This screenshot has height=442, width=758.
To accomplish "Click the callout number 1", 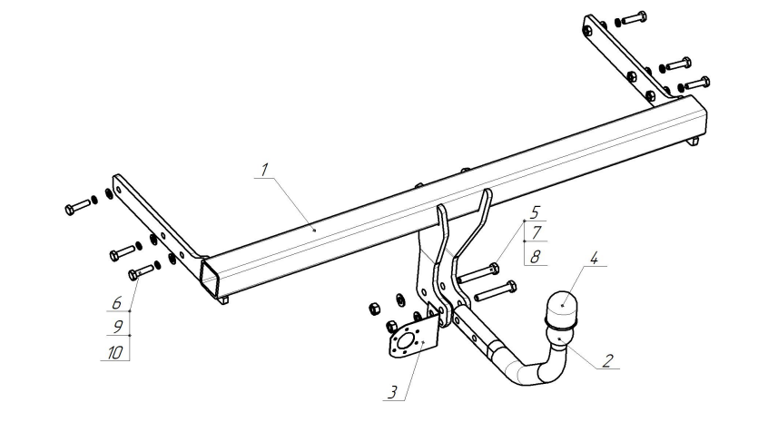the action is (264, 170).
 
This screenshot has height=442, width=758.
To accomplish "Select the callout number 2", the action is (607, 360).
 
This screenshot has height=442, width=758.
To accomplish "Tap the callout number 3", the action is (392, 392).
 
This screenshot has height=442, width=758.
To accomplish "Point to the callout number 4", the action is (593, 258).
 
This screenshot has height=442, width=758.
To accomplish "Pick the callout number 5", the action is (535, 212).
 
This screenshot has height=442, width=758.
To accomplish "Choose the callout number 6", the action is (116, 303).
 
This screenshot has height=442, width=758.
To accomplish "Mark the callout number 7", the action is (536, 233).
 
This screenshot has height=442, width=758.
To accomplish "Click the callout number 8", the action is (535, 257).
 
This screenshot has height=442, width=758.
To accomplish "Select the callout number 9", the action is (117, 327).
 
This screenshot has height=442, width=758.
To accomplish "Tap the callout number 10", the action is (115, 353).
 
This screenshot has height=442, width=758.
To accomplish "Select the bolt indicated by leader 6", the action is (140, 272).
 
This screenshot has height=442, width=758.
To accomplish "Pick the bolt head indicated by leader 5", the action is (494, 268).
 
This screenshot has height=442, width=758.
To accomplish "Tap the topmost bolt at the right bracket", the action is (634, 18).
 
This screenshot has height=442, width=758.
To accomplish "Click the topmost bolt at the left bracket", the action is (77, 207).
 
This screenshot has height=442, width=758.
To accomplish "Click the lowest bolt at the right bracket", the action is (697, 83).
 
